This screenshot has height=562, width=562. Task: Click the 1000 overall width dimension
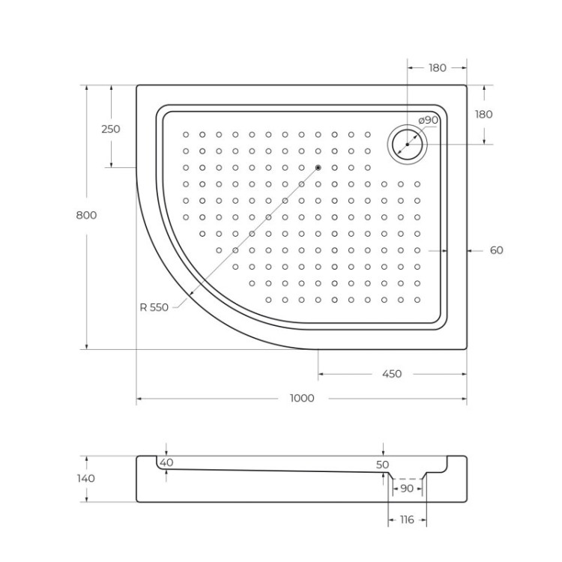(301, 398)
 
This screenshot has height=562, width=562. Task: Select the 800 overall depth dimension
(86, 215)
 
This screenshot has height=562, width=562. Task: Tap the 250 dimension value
(110, 129)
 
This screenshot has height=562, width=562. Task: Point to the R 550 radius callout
(154, 306)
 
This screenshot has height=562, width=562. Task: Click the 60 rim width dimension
(496, 250)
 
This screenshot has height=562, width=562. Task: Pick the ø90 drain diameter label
(429, 120)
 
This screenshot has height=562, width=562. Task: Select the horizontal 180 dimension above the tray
(437, 68)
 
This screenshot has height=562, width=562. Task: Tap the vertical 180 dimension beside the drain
(484, 115)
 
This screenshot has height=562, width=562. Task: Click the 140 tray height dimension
(86, 478)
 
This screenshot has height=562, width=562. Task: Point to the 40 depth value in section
(166, 462)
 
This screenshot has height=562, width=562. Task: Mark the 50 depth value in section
(383, 465)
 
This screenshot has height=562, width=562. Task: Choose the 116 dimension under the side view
(406, 519)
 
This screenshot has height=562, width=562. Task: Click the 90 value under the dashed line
(406, 489)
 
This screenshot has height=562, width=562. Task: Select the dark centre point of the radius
(318, 168)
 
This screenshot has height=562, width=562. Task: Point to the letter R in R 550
(142, 306)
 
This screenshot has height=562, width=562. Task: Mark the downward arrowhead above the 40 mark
(165, 452)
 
